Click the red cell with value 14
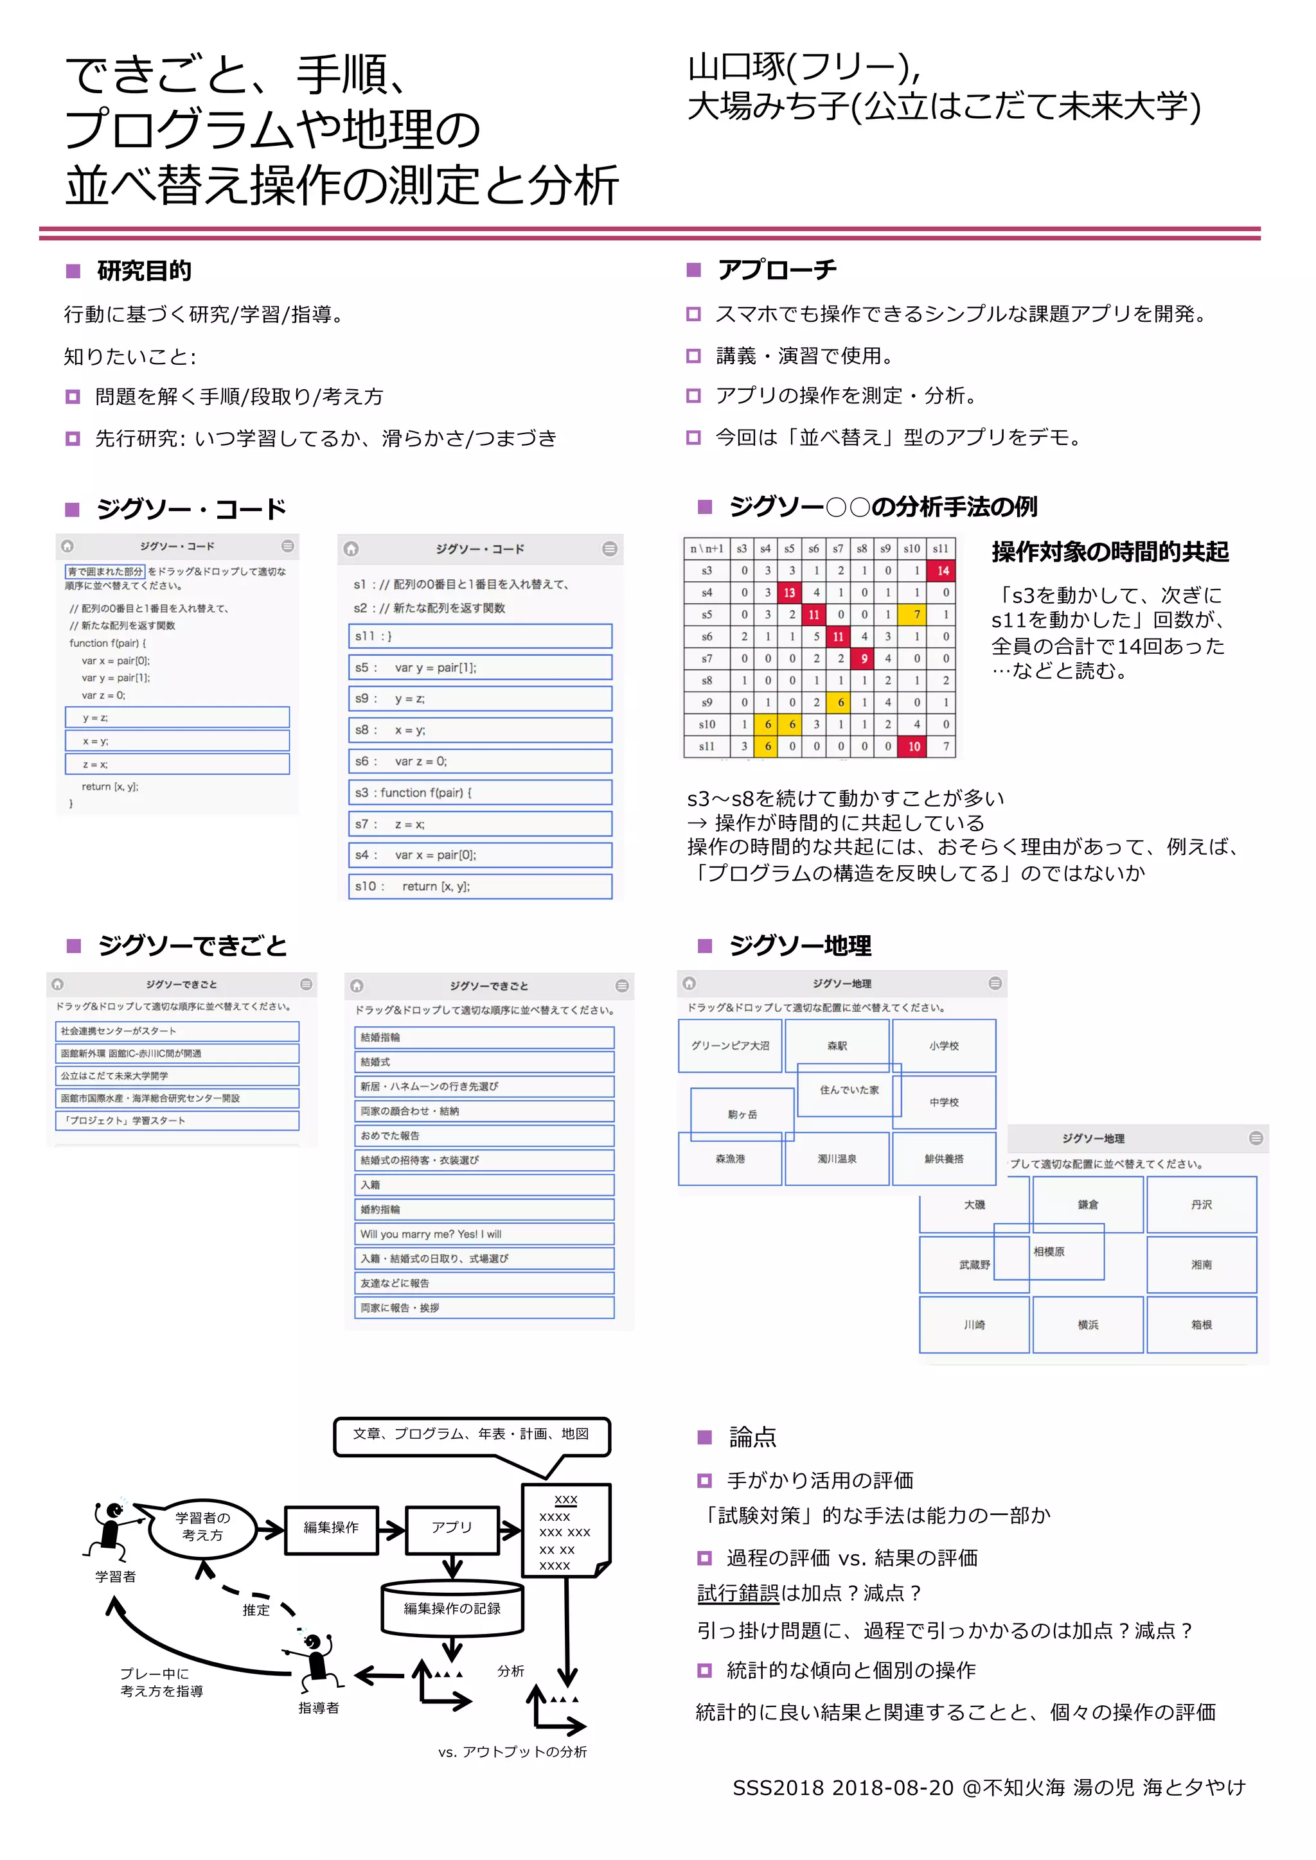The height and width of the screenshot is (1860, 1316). [x=943, y=570]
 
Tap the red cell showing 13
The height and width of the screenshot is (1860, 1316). [x=789, y=592]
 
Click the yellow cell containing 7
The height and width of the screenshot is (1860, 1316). [x=916, y=614]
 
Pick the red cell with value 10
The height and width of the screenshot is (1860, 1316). [x=914, y=746]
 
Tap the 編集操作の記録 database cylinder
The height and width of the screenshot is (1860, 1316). [x=452, y=1608]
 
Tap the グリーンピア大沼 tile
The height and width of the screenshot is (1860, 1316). [x=729, y=1046]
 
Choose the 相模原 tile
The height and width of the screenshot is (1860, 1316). [x=1049, y=1252]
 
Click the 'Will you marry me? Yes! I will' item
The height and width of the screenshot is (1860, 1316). [x=484, y=1234]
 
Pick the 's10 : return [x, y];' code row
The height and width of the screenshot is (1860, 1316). [x=480, y=886]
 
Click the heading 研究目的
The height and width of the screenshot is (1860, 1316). [x=143, y=270]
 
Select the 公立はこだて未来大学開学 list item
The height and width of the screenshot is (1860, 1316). [x=177, y=1076]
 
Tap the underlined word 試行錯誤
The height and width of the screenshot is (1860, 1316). [x=738, y=1594]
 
